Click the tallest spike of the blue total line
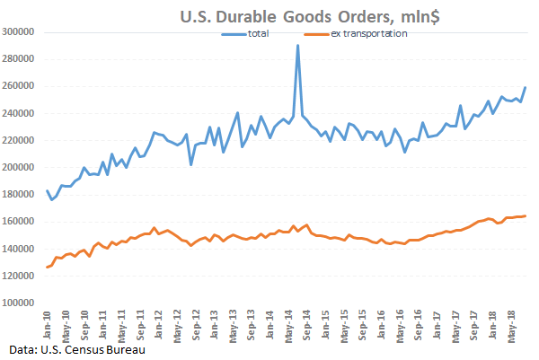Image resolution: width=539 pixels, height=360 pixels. [297, 45]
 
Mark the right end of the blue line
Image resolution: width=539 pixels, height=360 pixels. [526, 87]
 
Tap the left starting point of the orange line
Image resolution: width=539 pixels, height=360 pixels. [48, 268]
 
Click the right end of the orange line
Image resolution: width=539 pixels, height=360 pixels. [526, 215]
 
